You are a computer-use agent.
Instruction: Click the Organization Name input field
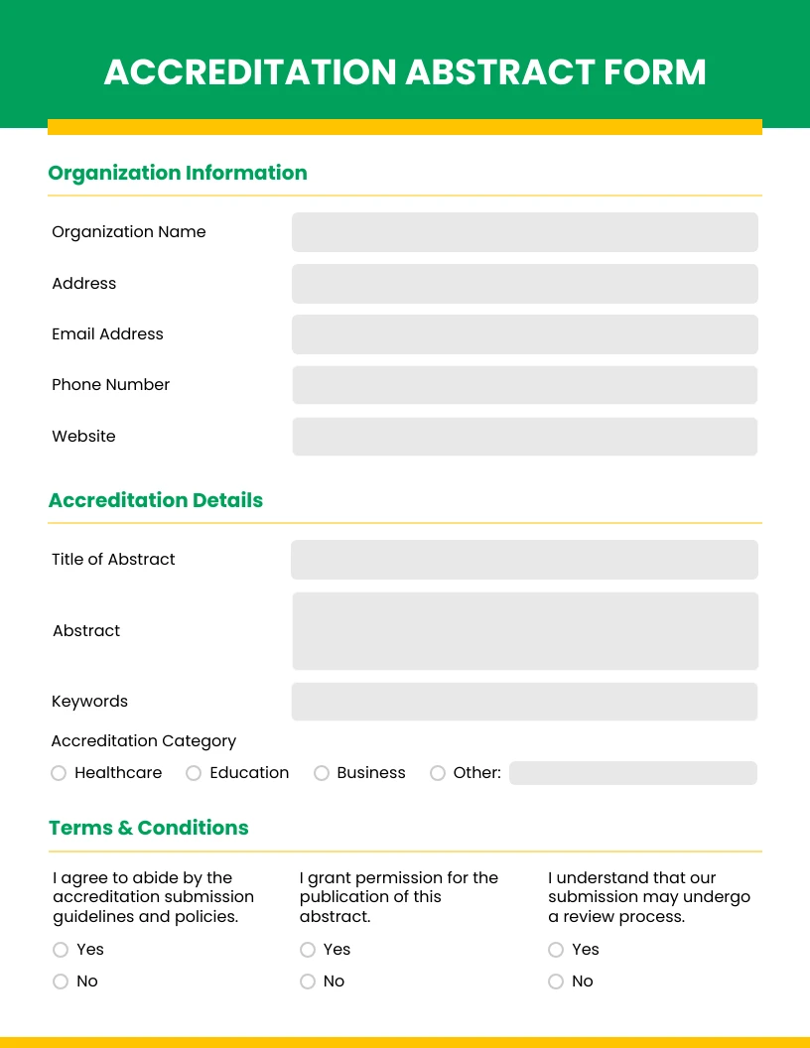[x=524, y=232]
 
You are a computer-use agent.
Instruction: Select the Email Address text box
[x=524, y=334]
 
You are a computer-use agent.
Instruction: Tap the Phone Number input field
[x=524, y=385]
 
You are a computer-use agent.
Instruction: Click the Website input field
[x=524, y=437]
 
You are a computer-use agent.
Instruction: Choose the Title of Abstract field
[x=524, y=560]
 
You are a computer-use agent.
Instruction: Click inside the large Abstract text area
[x=524, y=631]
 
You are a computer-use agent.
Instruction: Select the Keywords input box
[x=524, y=702]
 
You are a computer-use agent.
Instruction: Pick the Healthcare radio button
[x=59, y=773]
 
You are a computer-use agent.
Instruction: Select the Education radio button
[x=194, y=773]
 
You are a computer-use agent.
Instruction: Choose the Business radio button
[x=322, y=773]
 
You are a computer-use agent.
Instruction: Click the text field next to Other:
[x=632, y=773]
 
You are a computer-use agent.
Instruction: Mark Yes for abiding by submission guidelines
[x=60, y=950]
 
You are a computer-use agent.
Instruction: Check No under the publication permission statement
[x=308, y=982]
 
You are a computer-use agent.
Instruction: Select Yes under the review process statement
[x=556, y=950]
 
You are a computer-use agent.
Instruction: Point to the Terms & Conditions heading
[x=149, y=828]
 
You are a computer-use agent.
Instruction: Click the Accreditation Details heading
[x=156, y=500]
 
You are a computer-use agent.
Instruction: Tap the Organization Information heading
[x=178, y=173]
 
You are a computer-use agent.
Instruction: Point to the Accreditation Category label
[x=144, y=741]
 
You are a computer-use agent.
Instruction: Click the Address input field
[x=524, y=284]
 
